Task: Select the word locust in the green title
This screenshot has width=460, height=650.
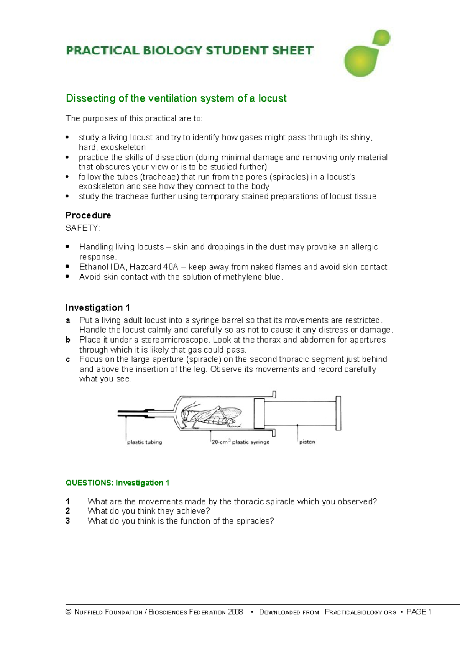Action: tap(272, 98)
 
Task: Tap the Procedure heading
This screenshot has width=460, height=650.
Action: tap(88, 215)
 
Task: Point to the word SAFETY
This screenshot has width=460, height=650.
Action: tap(82, 228)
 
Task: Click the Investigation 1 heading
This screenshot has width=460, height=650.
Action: tap(98, 308)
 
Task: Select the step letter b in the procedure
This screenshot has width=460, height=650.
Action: tap(68, 340)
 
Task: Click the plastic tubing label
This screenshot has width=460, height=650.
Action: tap(145, 442)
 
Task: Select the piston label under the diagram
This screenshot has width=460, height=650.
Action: tap(307, 442)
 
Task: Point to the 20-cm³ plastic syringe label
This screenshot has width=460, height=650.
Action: tap(241, 442)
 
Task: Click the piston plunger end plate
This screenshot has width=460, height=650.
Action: tap(338, 413)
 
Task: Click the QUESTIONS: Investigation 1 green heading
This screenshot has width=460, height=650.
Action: tap(117, 483)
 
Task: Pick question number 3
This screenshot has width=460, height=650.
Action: tap(68, 521)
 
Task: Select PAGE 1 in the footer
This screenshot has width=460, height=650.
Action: tap(419, 612)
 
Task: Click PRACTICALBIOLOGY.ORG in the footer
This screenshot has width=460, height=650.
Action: tap(360, 612)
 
